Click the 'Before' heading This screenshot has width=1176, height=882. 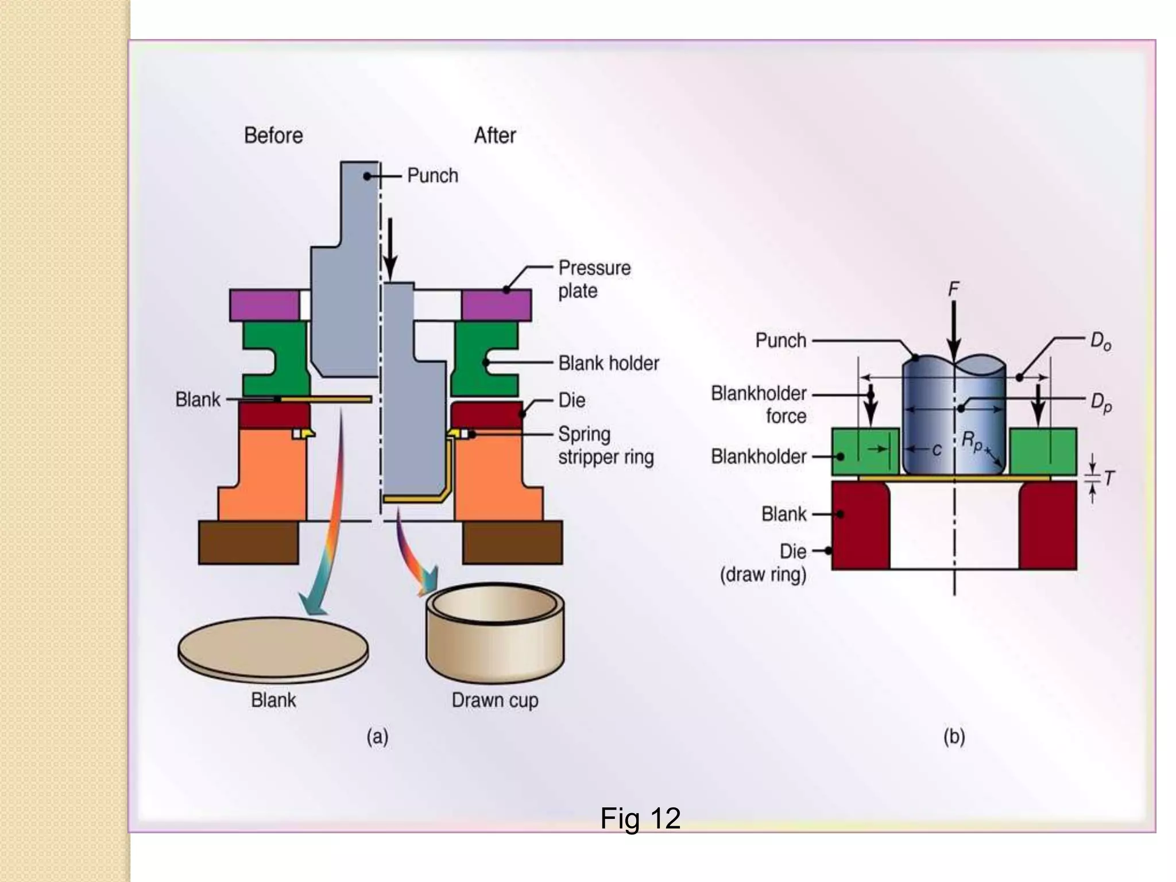click(x=273, y=136)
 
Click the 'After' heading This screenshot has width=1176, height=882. click(x=494, y=136)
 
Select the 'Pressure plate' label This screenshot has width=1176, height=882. click(x=594, y=279)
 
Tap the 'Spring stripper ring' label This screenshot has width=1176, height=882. click(x=605, y=446)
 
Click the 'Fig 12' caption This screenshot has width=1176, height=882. click(x=640, y=818)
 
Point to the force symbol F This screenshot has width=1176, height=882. click(x=953, y=289)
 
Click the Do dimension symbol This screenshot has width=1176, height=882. click(x=1100, y=342)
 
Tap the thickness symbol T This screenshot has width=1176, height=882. click(x=1109, y=478)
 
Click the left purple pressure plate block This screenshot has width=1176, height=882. click(x=264, y=305)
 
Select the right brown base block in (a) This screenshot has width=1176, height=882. click(x=512, y=543)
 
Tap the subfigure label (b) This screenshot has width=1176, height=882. click(x=954, y=737)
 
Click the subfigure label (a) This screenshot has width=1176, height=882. click(x=377, y=737)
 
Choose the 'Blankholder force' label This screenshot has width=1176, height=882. click(x=759, y=404)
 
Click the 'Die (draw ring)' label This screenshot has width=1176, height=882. click(x=764, y=563)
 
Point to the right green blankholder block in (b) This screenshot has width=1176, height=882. click(x=1043, y=451)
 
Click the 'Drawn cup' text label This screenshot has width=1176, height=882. click(x=494, y=700)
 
